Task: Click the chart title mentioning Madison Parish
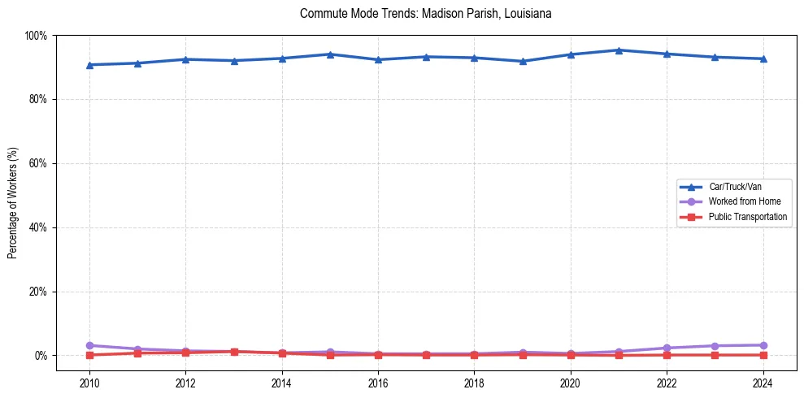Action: pyautogui.click(x=425, y=14)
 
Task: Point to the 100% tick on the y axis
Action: pyautogui.click(x=37, y=36)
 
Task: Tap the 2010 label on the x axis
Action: pyautogui.click(x=89, y=383)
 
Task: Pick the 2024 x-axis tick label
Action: pyautogui.click(x=763, y=383)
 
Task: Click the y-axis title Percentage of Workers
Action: pyautogui.click(x=13, y=203)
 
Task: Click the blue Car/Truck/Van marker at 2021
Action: pyautogui.click(x=619, y=50)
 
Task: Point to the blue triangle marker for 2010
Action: pyautogui.click(x=89, y=65)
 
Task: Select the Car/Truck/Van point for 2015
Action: pyautogui.click(x=330, y=54)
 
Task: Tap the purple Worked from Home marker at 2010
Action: pyautogui.click(x=89, y=346)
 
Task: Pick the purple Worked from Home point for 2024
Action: pyautogui.click(x=763, y=345)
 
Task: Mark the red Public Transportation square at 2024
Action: pyautogui.click(x=763, y=355)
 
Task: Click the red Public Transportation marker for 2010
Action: pyautogui.click(x=89, y=355)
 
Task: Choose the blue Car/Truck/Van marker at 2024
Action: pyautogui.click(x=763, y=58)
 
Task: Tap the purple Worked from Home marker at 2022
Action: pyautogui.click(x=667, y=348)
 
